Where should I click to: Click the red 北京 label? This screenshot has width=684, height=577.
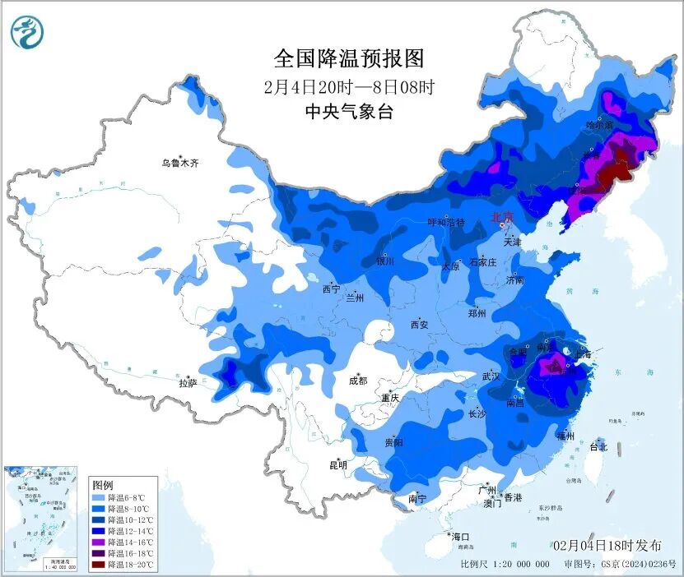(501, 217)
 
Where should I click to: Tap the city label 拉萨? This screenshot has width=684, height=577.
(188, 382)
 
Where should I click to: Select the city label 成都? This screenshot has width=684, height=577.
(358, 381)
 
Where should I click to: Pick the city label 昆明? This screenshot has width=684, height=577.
(338, 465)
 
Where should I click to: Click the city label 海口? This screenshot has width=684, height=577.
(462, 536)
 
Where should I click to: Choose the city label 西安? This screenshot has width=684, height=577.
(419, 325)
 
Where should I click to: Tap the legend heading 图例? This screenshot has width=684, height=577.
(103, 485)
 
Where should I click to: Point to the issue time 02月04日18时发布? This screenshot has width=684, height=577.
(607, 546)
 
